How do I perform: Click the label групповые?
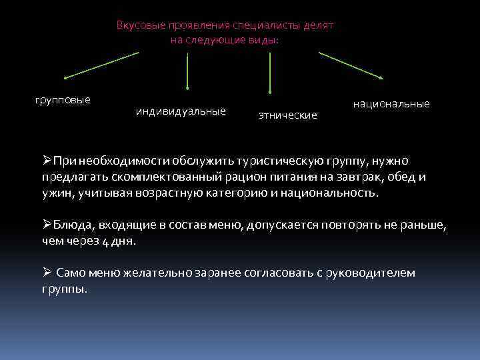coord(62,100)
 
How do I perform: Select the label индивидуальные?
coord(181,111)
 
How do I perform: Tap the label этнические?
coord(288,115)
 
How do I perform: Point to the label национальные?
coord(391,104)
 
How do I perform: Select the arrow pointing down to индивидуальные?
coord(187,71)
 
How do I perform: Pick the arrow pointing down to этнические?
coord(270,72)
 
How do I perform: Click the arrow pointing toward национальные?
coord(350,65)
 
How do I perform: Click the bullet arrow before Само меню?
coord(47,273)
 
